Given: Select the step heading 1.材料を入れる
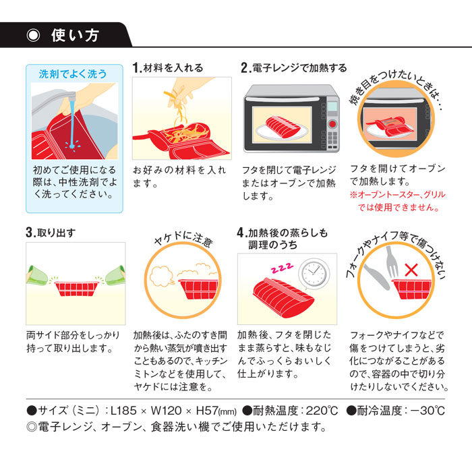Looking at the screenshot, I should (x=169, y=68).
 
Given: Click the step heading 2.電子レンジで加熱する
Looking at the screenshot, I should (x=294, y=68).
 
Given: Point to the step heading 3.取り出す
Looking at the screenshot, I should (x=51, y=233).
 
